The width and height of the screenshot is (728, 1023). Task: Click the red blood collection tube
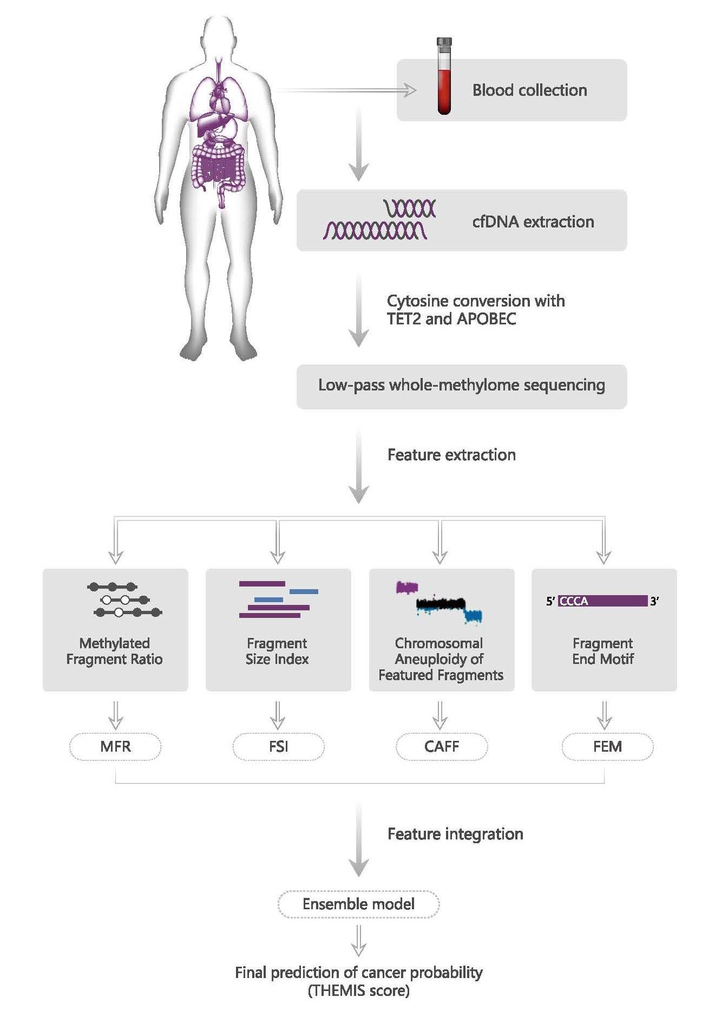(444, 76)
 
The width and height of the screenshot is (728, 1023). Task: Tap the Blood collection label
(529, 90)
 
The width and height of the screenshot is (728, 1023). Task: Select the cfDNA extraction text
(533, 221)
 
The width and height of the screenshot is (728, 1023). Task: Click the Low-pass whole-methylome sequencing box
(462, 386)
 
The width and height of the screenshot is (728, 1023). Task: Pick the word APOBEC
(487, 318)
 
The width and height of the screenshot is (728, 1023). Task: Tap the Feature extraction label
(451, 454)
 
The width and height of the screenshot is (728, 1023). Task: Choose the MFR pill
(115, 746)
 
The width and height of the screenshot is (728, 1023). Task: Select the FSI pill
(278, 746)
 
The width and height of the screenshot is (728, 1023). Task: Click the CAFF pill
(442, 746)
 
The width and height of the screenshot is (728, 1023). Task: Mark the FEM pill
(607, 746)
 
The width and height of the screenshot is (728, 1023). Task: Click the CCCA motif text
(573, 601)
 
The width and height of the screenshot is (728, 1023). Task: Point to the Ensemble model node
(358, 904)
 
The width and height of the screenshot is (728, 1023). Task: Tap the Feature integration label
(455, 833)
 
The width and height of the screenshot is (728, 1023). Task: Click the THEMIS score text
(359, 991)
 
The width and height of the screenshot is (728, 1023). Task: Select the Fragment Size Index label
(277, 651)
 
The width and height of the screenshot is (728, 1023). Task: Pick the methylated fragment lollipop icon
(125, 600)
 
